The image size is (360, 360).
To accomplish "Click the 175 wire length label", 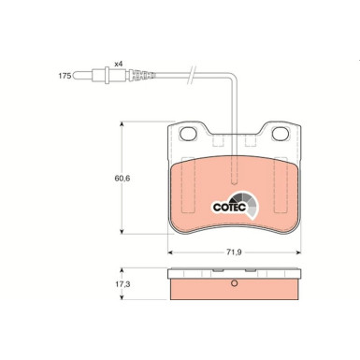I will pos(64,74).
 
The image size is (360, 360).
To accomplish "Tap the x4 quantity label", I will pos(118,64).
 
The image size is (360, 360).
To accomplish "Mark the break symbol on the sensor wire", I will pos(194,73).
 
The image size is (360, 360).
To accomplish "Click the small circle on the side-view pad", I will pos(235,285).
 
